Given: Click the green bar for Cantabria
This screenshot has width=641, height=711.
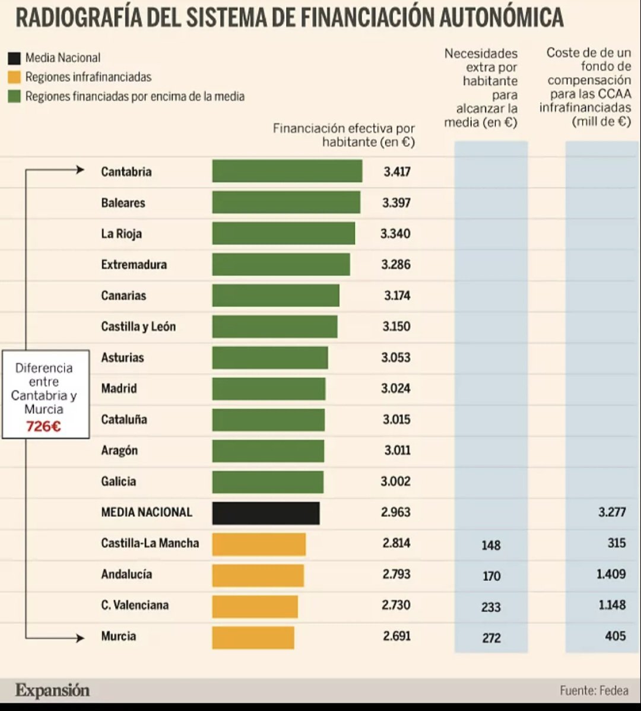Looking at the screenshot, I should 287,172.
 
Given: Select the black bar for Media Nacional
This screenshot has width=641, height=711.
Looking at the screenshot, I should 266,513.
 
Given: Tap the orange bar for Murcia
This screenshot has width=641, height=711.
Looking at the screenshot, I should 253,637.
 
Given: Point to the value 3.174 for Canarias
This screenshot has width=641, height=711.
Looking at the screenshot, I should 396,296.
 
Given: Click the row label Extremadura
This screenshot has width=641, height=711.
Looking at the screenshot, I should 134,265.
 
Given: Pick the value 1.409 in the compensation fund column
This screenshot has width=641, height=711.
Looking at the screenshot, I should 611,574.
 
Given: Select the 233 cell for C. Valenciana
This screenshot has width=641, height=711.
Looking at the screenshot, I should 491,607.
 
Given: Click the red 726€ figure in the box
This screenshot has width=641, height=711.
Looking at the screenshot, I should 43,426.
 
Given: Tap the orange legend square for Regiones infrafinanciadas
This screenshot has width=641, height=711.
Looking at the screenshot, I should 14,77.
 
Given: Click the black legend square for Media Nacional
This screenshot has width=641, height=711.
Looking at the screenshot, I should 14,58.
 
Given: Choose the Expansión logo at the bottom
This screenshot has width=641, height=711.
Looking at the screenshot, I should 52,690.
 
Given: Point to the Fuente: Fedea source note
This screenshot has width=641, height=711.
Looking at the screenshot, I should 594,690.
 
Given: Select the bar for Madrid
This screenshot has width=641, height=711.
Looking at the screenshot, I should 269,389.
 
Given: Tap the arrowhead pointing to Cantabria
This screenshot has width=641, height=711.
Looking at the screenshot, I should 81,171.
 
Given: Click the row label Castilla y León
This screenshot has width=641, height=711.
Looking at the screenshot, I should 138,326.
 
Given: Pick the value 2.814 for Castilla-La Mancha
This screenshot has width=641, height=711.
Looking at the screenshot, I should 396,543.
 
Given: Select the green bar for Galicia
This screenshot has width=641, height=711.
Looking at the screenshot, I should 268,482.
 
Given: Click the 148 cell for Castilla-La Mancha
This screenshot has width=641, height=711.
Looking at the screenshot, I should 491,545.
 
